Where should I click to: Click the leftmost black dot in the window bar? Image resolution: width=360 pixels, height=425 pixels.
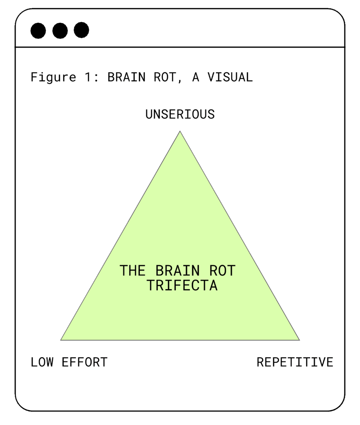(38, 30)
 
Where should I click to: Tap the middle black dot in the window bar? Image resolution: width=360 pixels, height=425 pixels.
(60, 30)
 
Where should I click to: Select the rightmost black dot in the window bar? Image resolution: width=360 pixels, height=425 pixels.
(81, 30)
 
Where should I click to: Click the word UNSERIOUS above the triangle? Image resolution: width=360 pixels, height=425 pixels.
(180, 114)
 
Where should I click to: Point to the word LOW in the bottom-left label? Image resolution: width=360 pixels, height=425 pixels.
(42, 362)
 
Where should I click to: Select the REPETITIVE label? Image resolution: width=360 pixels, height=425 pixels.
(295, 362)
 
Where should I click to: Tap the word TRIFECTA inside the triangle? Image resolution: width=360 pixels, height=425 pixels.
(182, 285)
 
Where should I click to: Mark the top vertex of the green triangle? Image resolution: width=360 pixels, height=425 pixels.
(180, 131)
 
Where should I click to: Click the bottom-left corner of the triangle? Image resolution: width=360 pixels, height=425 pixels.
(61, 340)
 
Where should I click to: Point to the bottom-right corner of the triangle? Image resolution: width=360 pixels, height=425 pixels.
(299, 340)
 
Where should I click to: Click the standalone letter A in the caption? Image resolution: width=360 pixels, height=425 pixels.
(196, 77)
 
